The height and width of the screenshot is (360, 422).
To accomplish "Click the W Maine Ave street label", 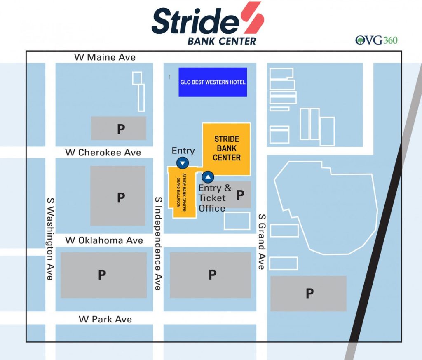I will coord(105,57).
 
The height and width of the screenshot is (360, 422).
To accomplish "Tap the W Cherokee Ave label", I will coord(103,153).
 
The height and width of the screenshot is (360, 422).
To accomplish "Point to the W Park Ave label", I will coord(105,319).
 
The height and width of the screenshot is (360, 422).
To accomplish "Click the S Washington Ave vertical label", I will coord(50,239).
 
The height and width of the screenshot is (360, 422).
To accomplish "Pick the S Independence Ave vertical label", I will coord(158,243).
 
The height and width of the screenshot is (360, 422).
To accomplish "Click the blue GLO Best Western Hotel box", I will coord(213,82).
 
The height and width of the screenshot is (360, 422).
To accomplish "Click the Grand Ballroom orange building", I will coord(181,192).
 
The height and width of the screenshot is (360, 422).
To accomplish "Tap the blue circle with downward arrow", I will coord(183,163).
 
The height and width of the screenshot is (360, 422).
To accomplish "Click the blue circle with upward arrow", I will coord(208,177).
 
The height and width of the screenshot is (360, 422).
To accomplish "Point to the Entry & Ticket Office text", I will coord(214,198).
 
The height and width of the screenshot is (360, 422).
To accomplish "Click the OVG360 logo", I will coord(377,40).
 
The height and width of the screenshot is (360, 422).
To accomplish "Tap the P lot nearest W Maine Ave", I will coord(119,128).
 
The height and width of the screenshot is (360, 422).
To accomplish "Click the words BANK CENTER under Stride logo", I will coord(222,41).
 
